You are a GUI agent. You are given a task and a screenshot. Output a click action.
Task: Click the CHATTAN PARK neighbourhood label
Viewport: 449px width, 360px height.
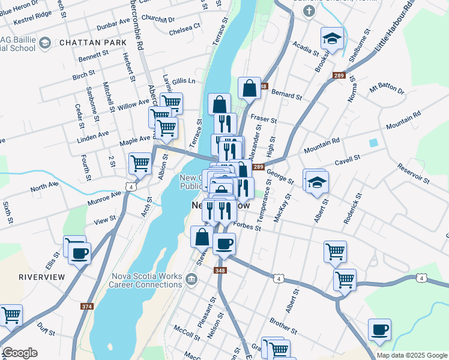(x=93, y=43)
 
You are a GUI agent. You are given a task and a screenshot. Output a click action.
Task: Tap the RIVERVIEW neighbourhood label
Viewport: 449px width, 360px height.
(x=41, y=277)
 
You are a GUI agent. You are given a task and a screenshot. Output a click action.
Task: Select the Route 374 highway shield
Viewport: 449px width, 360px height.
(x=87, y=307)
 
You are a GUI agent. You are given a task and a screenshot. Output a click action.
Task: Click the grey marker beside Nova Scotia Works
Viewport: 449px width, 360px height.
(x=191, y=278)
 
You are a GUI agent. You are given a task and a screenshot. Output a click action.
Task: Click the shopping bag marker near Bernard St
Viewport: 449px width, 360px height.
(x=249, y=89)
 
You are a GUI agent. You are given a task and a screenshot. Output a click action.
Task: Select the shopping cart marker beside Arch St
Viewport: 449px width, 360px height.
(x=140, y=163)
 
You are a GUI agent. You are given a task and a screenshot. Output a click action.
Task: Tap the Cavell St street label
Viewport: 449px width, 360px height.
(x=347, y=158)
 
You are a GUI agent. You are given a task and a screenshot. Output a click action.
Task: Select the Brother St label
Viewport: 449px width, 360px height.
(x=284, y=326)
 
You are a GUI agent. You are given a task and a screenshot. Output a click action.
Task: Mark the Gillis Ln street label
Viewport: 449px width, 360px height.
(x=184, y=80)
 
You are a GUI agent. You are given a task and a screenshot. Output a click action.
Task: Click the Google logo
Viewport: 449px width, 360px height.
(x=20, y=353)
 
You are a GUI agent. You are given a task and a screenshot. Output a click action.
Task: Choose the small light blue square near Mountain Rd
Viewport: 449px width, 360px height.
(x=374, y=143)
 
